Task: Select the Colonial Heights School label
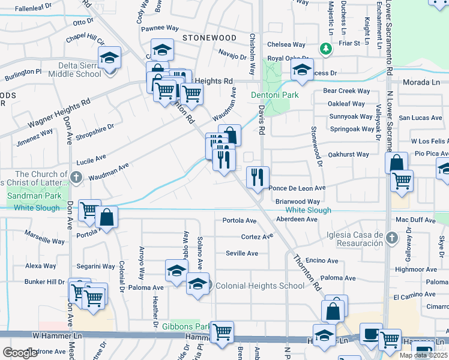click(260, 286)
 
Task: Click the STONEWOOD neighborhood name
click(209, 38)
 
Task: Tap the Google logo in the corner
click(20, 352)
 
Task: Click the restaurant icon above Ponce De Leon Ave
click(258, 177)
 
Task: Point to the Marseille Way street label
click(44, 237)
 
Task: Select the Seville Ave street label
click(242, 253)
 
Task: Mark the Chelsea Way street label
click(286, 44)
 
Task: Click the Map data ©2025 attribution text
click(423, 355)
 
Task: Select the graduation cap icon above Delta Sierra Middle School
click(110, 58)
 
